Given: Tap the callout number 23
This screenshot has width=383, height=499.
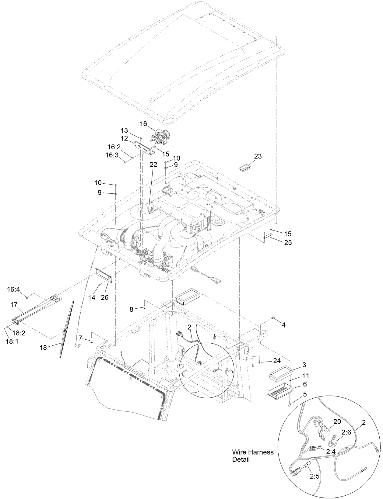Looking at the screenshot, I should point(258,156).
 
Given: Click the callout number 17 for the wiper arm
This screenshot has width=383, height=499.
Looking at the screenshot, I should point(14,304).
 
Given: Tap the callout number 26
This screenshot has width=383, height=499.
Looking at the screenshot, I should point(104,297).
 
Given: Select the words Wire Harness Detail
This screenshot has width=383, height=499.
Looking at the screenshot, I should point(253,456).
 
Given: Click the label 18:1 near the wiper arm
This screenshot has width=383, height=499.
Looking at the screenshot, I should point(12,341).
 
